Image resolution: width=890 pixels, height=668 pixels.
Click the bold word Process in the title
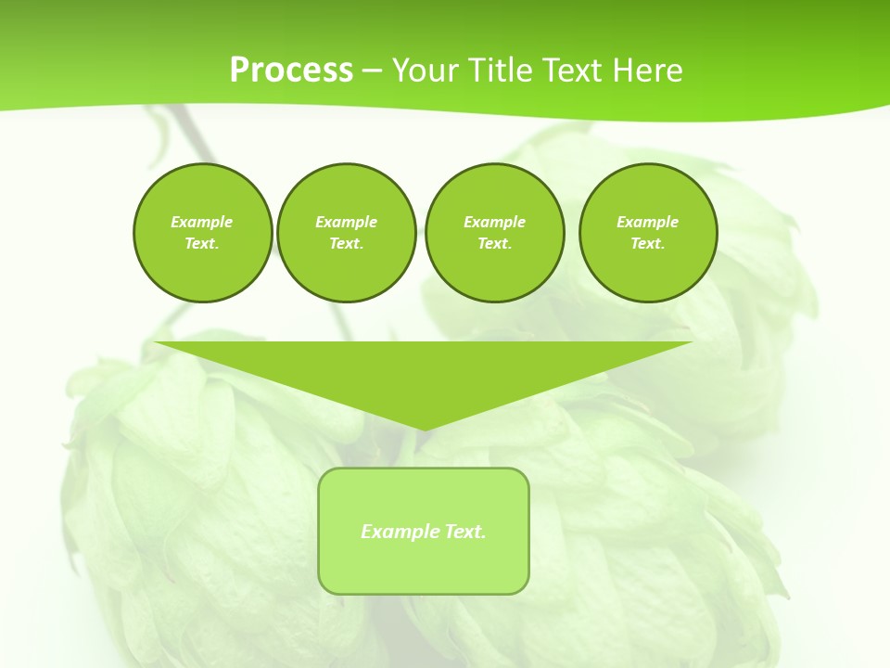click(x=291, y=70)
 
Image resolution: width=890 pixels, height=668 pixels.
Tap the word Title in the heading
click(x=497, y=70)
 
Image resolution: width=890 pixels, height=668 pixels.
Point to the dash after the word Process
click(x=372, y=71)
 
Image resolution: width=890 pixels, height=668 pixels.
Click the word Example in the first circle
click(x=202, y=222)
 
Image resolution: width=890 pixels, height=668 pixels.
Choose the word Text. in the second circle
click(x=346, y=243)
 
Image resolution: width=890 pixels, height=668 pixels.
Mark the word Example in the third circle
click(x=494, y=222)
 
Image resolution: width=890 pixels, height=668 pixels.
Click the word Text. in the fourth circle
click(x=648, y=243)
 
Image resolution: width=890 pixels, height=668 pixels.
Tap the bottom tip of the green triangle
click(x=423, y=428)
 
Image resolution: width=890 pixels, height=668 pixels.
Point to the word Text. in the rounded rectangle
click(x=465, y=532)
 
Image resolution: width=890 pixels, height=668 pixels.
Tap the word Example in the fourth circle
click(x=648, y=222)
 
